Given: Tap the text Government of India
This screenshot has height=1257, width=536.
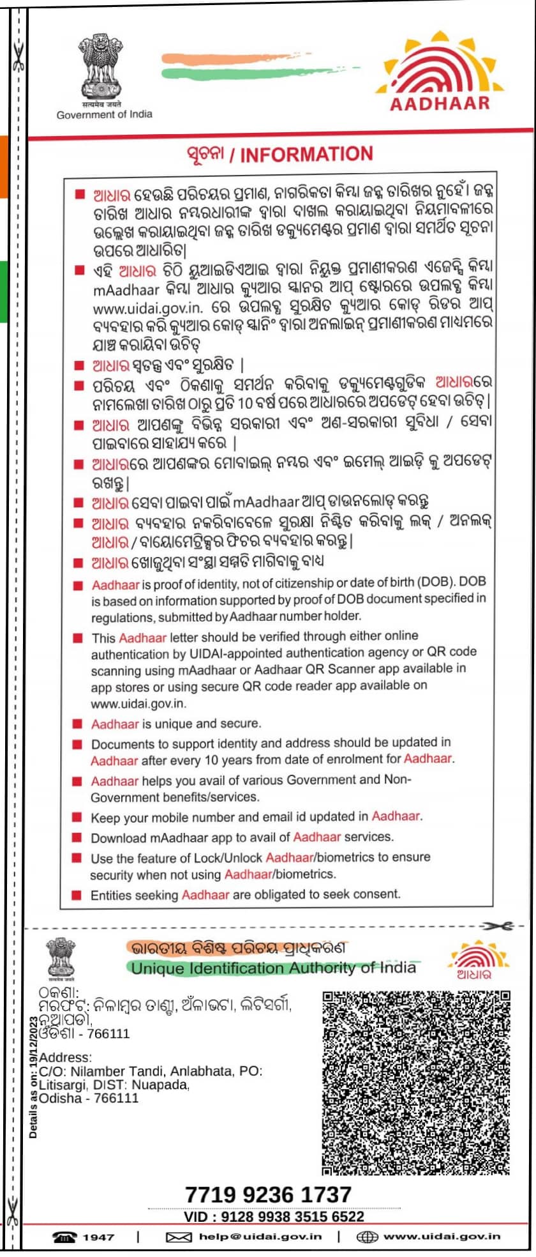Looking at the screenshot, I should click(105, 115).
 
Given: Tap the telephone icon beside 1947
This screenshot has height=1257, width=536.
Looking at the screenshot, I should click(64, 1237).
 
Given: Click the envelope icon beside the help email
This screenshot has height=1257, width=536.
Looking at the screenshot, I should click(179, 1237).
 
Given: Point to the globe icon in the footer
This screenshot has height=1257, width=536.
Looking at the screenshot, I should click(367, 1237).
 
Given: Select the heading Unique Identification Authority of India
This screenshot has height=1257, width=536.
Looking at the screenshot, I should click(273, 968).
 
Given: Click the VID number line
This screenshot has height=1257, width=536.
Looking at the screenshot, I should click(274, 1217).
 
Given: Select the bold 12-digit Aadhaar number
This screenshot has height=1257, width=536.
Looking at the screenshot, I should click(268, 1194).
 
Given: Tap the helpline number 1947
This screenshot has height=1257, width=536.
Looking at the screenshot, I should click(98, 1237).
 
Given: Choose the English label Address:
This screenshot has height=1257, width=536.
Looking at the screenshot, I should click(65, 1058).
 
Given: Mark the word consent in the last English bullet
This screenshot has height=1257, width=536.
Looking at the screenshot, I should click(380, 894).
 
